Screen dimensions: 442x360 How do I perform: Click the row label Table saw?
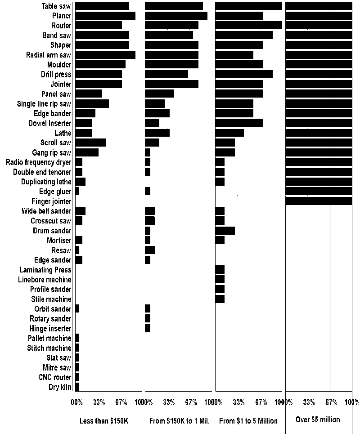56,6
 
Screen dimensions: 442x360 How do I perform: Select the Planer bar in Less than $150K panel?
105,16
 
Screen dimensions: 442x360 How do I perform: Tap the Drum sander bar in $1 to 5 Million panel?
225,231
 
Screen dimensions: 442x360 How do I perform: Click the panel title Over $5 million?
318,420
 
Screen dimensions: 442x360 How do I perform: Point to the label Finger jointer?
51,201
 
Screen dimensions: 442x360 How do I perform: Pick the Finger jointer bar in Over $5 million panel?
319,201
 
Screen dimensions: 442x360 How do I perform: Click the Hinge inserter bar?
148,328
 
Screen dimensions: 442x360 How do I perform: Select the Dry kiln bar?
77,387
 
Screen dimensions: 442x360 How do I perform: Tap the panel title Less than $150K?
104,421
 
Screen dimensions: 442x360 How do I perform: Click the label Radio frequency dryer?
39,162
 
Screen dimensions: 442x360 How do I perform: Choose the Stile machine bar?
220,299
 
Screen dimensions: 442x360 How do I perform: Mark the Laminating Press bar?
220,270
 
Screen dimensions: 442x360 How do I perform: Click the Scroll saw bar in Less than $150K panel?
90,143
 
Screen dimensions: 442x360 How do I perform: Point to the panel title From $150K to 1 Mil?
179,421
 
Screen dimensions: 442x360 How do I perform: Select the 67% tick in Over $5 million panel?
330,402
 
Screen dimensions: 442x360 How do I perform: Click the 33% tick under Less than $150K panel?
99,402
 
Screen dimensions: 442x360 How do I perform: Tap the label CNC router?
54,377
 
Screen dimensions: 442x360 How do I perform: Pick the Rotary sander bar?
148,318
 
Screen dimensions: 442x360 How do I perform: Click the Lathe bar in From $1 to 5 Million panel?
229,133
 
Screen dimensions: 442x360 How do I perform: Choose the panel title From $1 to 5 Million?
248,421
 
